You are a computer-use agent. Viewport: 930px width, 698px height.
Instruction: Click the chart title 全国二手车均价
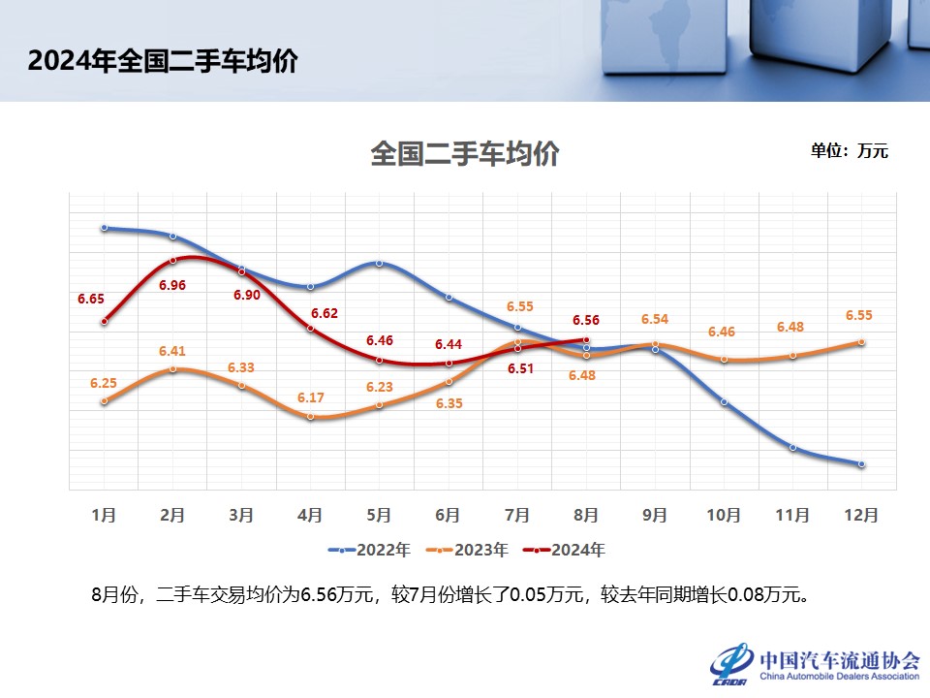pos(464,154)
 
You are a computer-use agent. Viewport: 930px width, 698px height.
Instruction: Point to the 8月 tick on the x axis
pos(586,515)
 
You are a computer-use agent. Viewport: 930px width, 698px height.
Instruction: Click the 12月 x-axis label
pos(861,515)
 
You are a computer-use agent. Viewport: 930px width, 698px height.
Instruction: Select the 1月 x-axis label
pos(104,515)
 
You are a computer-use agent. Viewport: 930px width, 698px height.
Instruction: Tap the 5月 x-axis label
pos(380,515)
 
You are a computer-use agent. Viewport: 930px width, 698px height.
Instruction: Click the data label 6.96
pos(171,285)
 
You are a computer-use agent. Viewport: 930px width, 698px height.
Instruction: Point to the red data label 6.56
pos(586,320)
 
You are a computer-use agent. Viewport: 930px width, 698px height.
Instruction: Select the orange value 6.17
pos(310,397)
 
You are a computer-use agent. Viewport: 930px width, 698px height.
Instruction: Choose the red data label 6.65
pos(91,299)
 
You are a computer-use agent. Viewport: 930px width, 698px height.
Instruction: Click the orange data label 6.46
pos(722,332)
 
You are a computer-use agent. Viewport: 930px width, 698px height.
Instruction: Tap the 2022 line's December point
pos(861,464)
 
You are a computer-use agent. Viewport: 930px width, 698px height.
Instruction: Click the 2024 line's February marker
pos(172,260)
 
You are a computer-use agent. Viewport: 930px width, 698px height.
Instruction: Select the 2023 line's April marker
pos(310,417)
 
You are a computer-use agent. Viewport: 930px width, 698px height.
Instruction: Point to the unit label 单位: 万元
pos(849,151)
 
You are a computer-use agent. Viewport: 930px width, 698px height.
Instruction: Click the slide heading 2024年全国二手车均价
pos(162,61)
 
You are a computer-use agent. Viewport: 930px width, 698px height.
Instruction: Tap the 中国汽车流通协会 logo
pos(816,663)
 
